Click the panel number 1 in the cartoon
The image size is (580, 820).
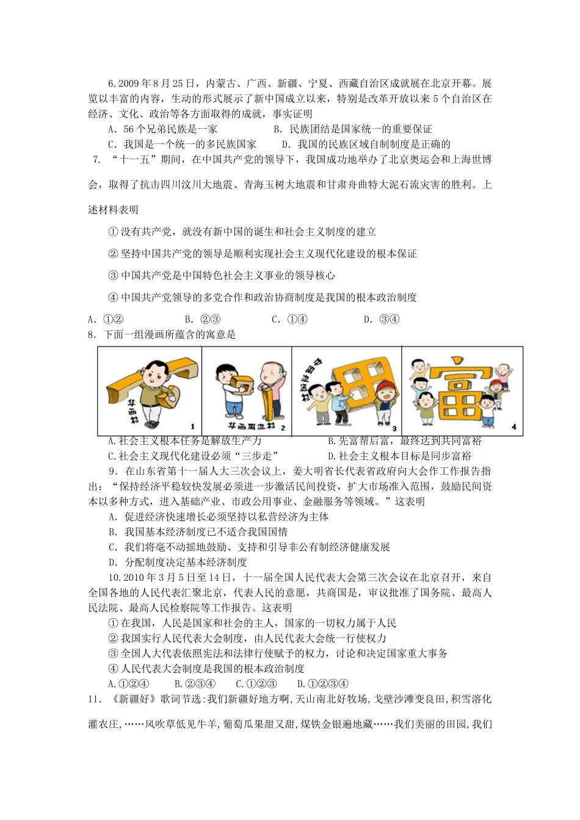pos(193,426)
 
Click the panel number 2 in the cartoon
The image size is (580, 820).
pos(283,427)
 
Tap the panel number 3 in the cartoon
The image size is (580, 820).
pos(394,428)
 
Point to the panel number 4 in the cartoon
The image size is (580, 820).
pos(513,427)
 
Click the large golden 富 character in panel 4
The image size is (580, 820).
pos(460,391)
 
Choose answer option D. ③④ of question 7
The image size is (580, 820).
pos(382,319)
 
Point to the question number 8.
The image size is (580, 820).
pos(93,334)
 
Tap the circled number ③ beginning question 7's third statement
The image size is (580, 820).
pos(112,276)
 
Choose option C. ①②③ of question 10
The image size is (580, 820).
pos(256,684)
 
